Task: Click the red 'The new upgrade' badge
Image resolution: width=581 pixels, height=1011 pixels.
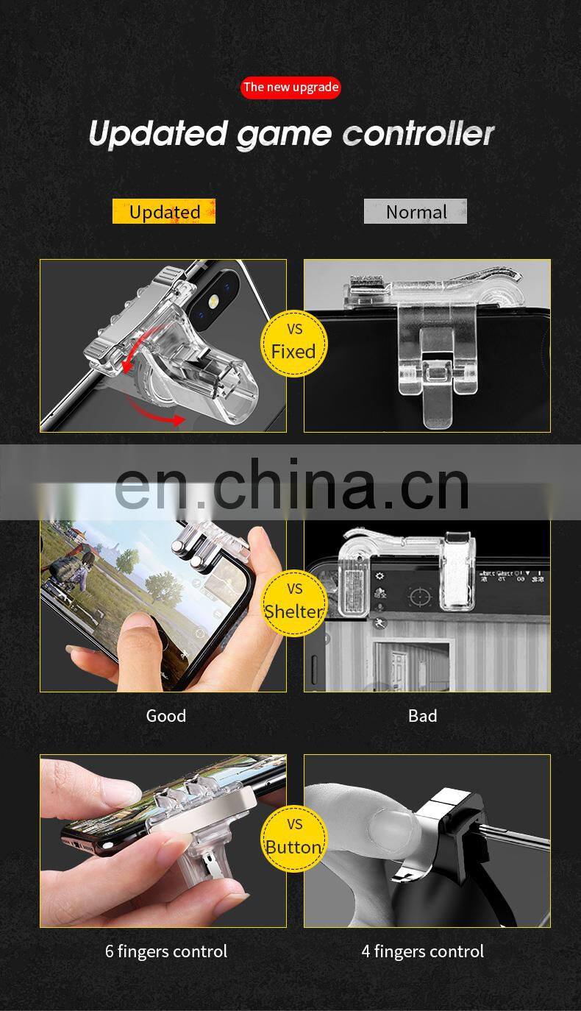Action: (x=290, y=88)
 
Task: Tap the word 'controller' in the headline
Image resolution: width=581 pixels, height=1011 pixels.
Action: (x=418, y=134)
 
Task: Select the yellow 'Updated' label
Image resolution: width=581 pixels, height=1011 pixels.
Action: (x=164, y=212)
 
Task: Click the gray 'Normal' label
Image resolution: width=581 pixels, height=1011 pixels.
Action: (x=416, y=212)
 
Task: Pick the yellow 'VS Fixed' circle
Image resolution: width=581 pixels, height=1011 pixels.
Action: (x=293, y=344)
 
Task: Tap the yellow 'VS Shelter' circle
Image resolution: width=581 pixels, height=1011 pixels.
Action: (x=293, y=603)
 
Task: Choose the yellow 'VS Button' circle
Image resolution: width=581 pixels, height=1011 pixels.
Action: (x=293, y=838)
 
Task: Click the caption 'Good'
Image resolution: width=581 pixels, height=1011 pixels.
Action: (x=166, y=716)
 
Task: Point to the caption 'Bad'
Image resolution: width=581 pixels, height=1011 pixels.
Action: (x=422, y=716)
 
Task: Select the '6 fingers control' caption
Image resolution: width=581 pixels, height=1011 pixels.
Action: (x=166, y=951)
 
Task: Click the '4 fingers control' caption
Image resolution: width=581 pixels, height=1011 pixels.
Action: (x=422, y=951)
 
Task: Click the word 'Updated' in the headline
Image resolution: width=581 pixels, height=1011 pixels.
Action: (x=157, y=134)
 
